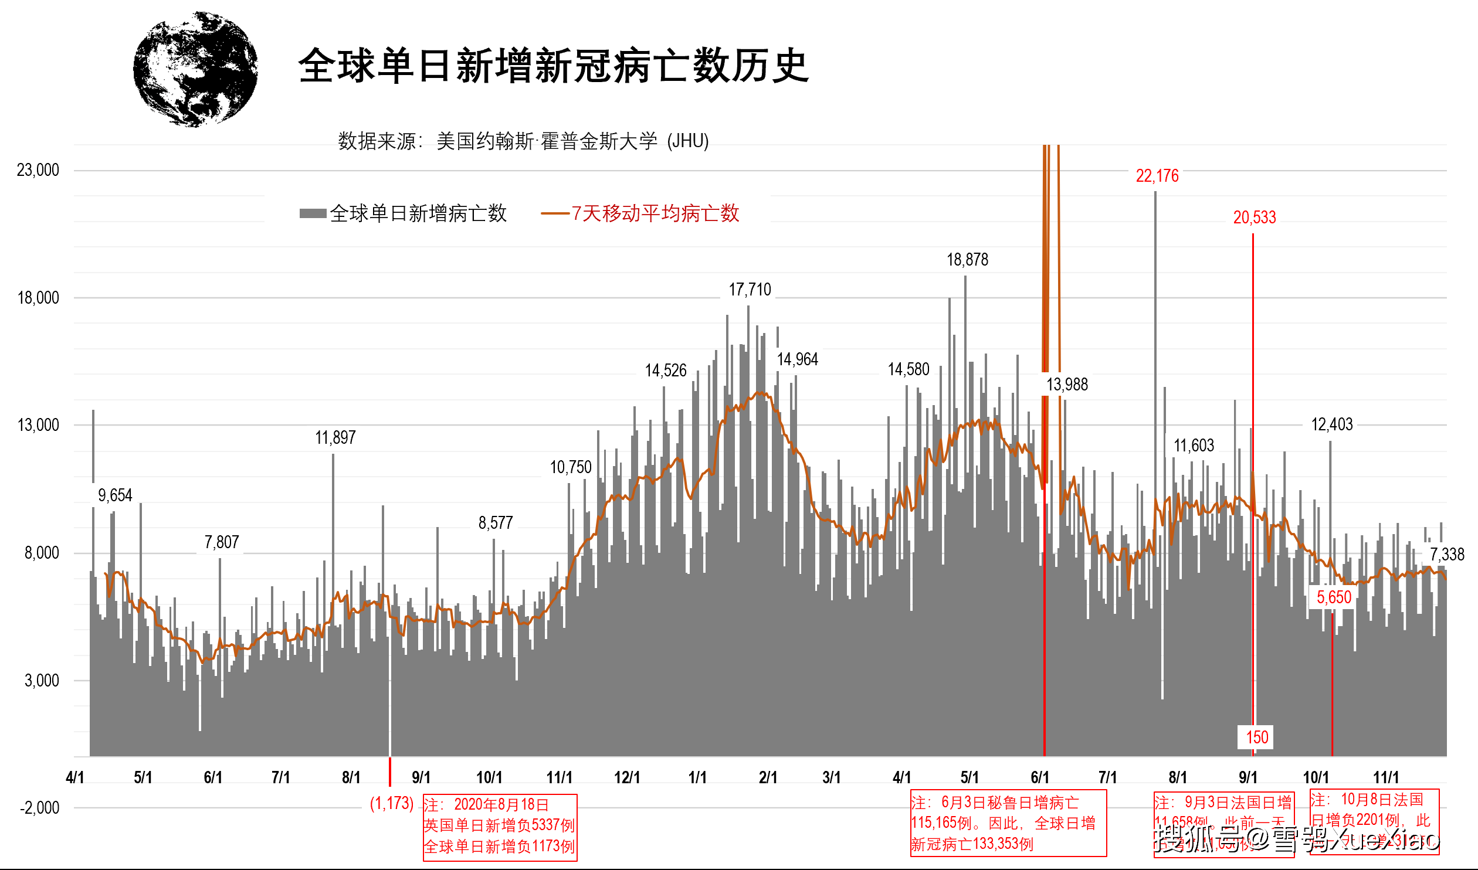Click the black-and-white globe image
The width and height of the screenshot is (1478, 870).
pyautogui.click(x=195, y=69)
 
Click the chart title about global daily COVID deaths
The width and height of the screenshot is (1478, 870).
pyautogui.click(x=554, y=66)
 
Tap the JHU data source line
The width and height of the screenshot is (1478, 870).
pyautogui.click(x=523, y=141)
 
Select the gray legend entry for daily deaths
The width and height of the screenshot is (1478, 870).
pyautogui.click(x=404, y=213)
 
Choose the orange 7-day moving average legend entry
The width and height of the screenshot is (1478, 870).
pyautogui.click(x=640, y=213)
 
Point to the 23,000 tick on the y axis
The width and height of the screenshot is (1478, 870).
pyautogui.click(x=38, y=170)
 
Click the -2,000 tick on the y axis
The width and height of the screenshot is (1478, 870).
pyautogui.click(x=40, y=808)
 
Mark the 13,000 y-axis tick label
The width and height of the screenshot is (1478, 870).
pyautogui.click(x=38, y=425)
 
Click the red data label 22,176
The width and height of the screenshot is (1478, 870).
pyautogui.click(x=1157, y=176)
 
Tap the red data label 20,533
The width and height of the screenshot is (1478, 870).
pyautogui.click(x=1254, y=217)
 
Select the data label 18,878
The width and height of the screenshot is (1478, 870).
pyautogui.click(x=967, y=260)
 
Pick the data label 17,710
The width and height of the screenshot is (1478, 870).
pyautogui.click(x=750, y=290)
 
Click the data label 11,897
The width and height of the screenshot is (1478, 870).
pyautogui.click(x=335, y=438)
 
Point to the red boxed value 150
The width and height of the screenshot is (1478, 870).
pyautogui.click(x=1256, y=737)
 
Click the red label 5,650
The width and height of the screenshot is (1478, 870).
pyautogui.click(x=1334, y=597)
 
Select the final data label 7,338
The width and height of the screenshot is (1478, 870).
pyautogui.click(x=1446, y=555)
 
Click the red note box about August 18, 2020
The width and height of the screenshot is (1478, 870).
pyautogui.click(x=500, y=827)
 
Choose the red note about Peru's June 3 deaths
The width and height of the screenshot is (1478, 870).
pyautogui.click(x=1008, y=823)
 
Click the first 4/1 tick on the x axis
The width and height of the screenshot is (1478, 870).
pyautogui.click(x=75, y=777)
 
